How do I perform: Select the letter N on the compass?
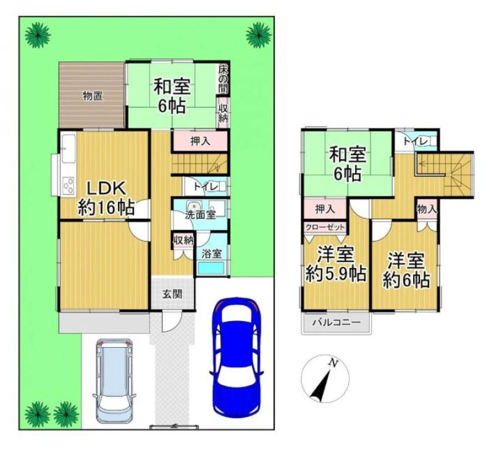332,363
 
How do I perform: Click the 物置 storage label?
92,96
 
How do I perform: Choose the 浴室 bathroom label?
211,254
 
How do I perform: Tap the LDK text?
106,189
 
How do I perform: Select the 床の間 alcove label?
223,80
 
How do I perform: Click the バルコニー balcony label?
337,322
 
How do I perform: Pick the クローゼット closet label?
325,227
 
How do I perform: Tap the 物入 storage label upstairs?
427,209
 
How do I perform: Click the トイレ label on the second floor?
415,142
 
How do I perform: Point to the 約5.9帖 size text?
336,274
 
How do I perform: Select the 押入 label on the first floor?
200,141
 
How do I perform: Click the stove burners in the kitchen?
69,185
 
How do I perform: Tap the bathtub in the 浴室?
211,268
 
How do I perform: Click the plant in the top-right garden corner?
258,35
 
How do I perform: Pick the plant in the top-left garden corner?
38,35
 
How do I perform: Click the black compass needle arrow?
320,385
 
